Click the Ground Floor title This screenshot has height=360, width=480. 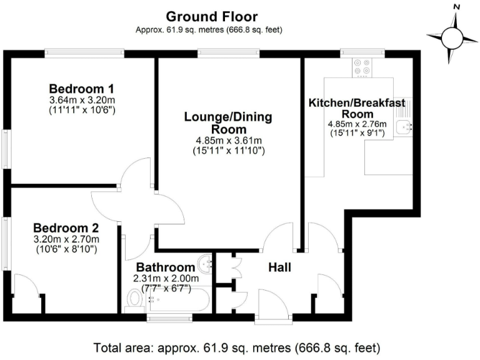tap(211, 16)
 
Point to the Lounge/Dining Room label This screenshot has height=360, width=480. tap(227, 122)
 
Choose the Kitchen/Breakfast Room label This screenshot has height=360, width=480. tap(357, 108)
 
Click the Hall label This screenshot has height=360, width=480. tap(279, 267)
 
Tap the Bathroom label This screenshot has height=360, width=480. tap(166, 267)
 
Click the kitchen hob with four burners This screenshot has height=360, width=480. tap(361, 67)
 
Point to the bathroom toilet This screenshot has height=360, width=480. tap(134, 301)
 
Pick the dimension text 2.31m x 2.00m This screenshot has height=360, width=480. tap(166, 278)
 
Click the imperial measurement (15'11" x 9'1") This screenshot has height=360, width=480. tap(357, 133)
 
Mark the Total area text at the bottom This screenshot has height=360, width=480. tap(236, 347)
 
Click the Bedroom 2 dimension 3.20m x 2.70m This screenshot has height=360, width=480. tap(66, 239)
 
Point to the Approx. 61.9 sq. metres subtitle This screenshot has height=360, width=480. tap(211, 30)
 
